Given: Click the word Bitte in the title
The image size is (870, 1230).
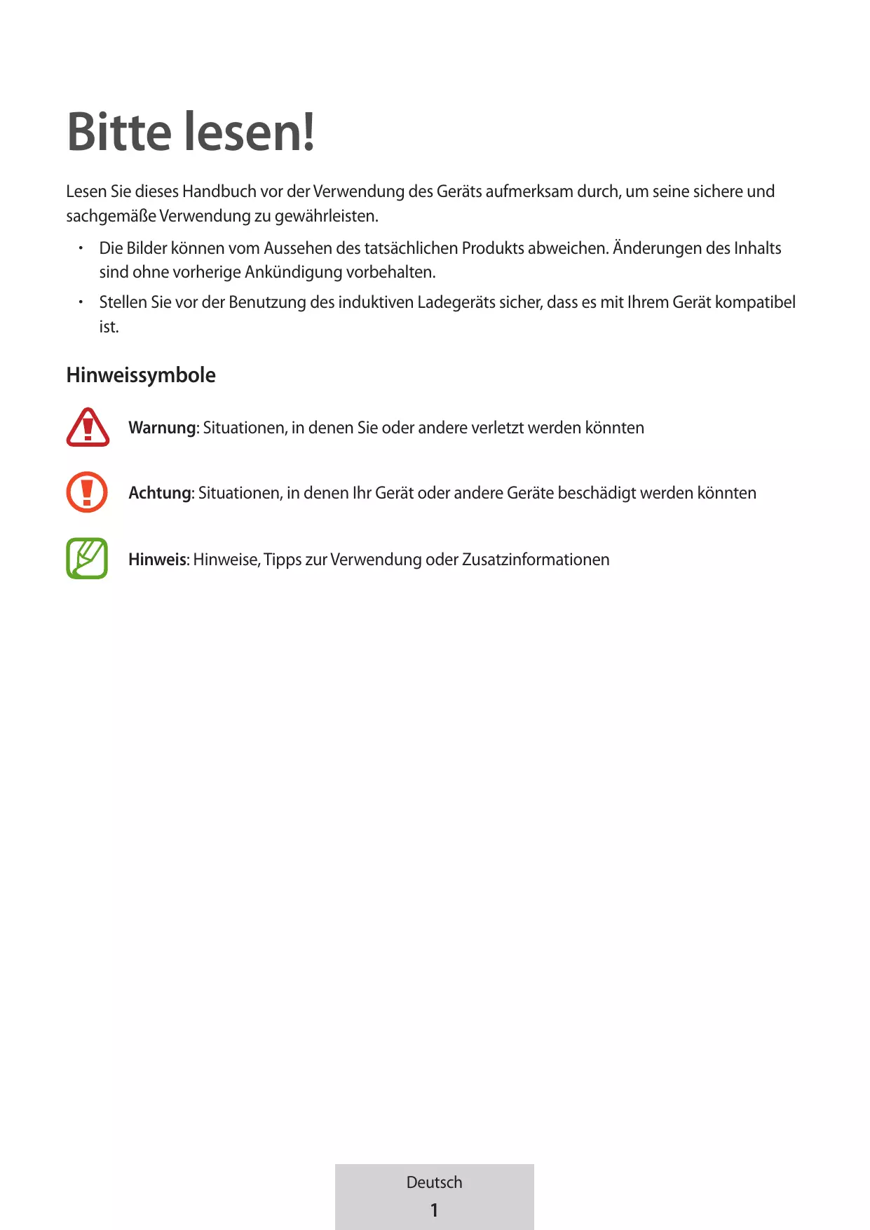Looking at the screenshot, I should (119, 132).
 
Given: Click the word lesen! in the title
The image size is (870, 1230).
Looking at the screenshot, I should (249, 132).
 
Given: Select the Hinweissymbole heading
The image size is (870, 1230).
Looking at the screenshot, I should (141, 375).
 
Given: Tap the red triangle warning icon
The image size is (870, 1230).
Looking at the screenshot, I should (88, 427).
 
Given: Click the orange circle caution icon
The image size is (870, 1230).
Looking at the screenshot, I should (87, 492).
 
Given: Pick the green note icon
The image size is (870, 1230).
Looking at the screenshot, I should (87, 558).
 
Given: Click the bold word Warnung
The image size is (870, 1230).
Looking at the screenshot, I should (162, 428).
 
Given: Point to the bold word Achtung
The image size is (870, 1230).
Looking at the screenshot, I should (160, 493).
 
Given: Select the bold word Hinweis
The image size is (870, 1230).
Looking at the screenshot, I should (157, 560).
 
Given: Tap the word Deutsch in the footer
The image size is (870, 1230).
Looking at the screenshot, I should (434, 1182).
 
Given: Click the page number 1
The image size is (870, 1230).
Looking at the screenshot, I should (434, 1210).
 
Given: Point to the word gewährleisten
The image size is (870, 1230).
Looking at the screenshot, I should (326, 216).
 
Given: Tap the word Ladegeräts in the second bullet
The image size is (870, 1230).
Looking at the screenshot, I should (456, 302).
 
